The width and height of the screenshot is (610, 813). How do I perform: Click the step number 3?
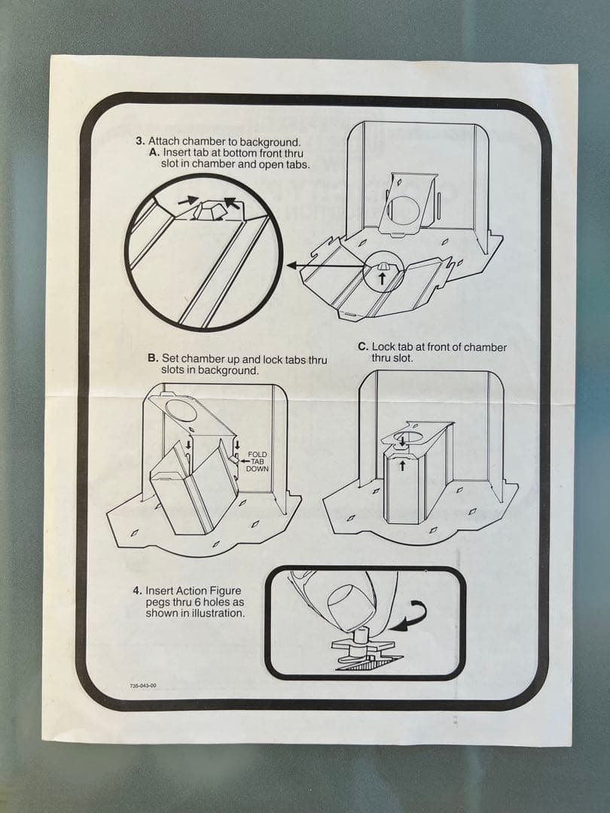coord(140,142)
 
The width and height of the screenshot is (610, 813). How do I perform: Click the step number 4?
coord(137,591)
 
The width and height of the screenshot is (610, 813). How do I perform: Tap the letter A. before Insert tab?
coord(154,153)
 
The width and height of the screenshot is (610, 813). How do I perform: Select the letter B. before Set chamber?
coord(152,358)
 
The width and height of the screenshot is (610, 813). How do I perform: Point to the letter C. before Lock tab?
coord(363,347)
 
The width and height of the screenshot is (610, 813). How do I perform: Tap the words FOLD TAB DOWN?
coord(258,461)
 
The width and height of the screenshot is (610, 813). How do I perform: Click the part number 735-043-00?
coord(143,686)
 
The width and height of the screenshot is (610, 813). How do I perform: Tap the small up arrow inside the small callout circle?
coord(383,278)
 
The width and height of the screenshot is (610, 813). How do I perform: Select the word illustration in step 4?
coord(216,614)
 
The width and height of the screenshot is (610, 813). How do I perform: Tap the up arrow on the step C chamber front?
coord(402,466)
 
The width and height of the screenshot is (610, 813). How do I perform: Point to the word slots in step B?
coord(172,370)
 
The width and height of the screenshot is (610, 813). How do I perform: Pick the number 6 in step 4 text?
coord(196,602)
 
